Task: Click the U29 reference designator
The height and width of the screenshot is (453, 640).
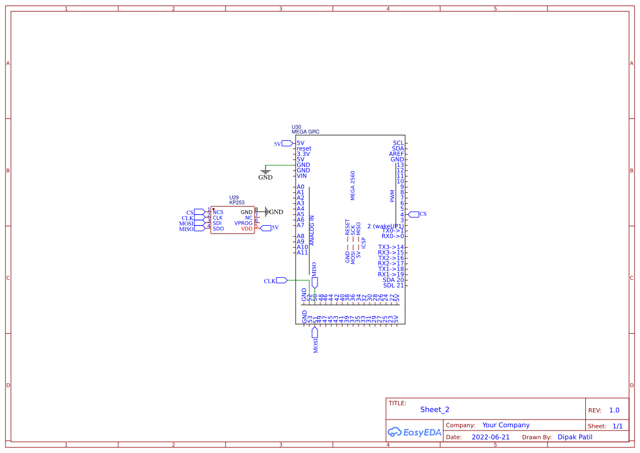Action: click(234, 197)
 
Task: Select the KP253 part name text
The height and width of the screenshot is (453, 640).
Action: click(237, 203)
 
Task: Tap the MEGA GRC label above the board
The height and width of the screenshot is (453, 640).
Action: click(305, 132)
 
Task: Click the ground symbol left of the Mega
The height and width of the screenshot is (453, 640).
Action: click(265, 172)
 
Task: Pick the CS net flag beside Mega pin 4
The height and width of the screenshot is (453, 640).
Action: click(413, 214)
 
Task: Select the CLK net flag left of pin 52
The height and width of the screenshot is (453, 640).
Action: click(281, 280)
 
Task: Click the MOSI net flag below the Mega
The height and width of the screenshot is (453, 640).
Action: click(315, 333)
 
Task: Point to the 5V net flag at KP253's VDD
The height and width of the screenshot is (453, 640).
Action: click(266, 227)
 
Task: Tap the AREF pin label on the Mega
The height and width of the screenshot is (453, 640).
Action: click(396, 154)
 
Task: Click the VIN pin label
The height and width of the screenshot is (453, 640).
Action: click(302, 176)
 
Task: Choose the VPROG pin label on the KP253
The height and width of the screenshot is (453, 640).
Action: click(244, 223)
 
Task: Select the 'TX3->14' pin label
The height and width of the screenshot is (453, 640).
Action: click(391, 247)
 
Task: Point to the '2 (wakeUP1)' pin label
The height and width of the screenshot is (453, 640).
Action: click(385, 226)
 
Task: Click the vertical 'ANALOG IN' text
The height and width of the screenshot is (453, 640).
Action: click(312, 230)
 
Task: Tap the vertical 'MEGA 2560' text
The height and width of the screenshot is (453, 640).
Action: click(353, 185)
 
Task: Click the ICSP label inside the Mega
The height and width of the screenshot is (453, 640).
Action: click(364, 243)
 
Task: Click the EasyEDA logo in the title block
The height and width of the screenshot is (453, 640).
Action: click(414, 432)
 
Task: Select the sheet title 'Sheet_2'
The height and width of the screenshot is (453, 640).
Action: click(435, 410)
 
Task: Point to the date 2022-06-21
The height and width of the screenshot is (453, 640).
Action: click(491, 437)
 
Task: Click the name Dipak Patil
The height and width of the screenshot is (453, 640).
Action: click(575, 437)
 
